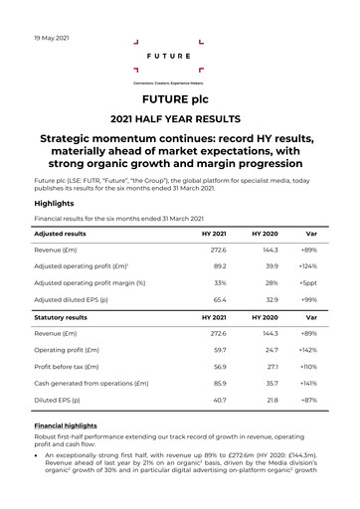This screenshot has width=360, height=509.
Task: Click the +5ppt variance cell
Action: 307,282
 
